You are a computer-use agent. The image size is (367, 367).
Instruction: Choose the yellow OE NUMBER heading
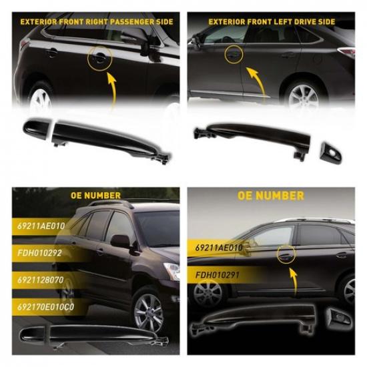coord(271,196)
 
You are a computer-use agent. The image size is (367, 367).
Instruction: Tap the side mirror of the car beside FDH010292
coord(121,241)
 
